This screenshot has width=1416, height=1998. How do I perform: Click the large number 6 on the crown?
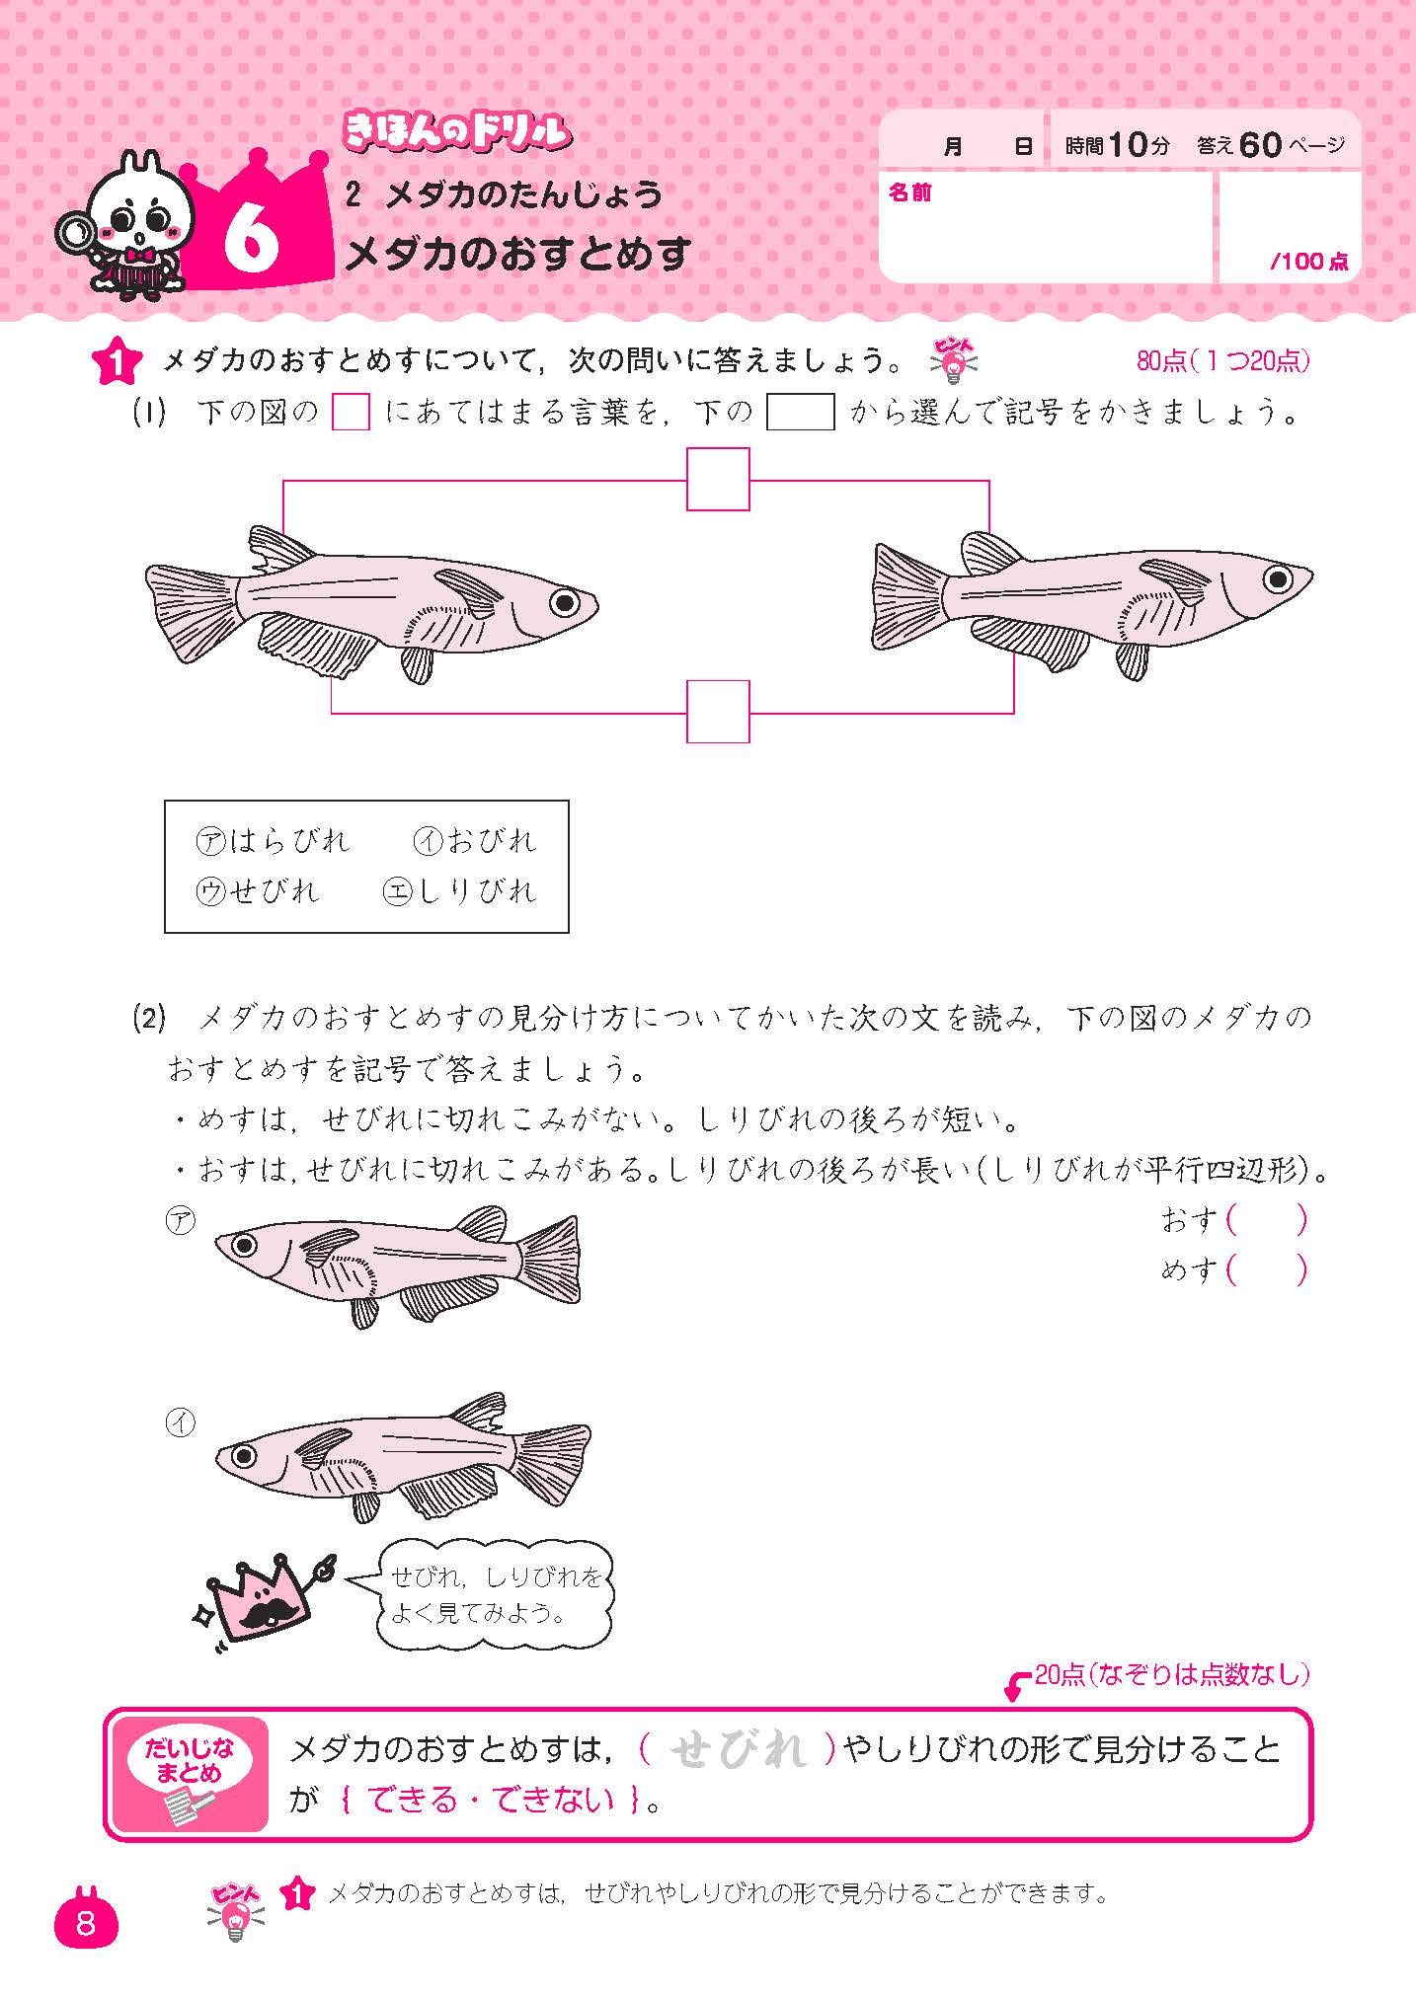251,240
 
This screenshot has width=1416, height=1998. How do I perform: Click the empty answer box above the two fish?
718,480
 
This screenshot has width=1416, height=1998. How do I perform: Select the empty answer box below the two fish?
718,712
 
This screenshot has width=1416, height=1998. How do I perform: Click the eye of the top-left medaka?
564,601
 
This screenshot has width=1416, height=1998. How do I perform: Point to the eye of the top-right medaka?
1278,577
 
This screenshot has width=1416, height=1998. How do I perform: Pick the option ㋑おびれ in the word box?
474,841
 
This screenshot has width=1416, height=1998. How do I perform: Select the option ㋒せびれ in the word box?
259,891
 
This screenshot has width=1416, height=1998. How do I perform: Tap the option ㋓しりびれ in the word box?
460,891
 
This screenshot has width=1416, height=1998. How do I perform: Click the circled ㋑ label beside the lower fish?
181,1422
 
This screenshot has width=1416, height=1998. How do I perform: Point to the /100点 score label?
1308,262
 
